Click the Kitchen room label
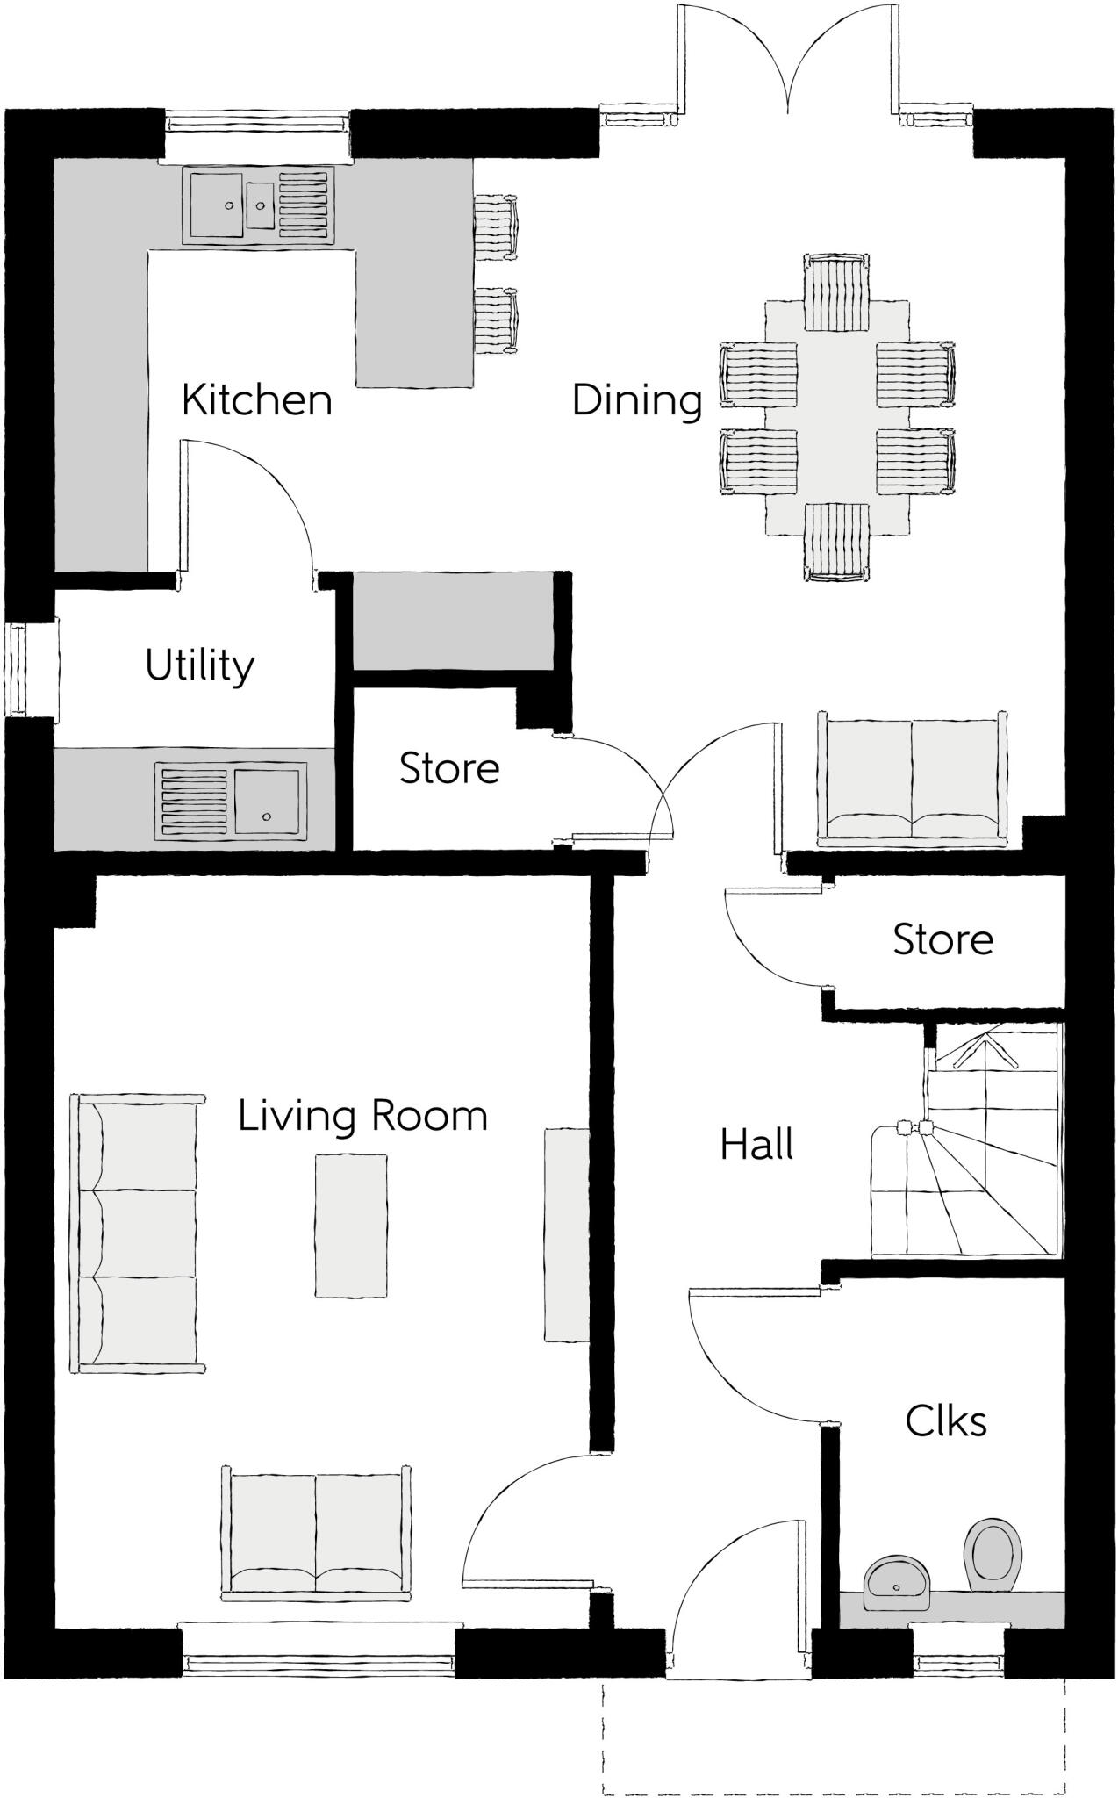point(256,399)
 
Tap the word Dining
point(637,400)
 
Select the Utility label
point(200,665)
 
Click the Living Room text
point(362,1116)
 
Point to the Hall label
point(756,1145)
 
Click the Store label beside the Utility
point(449,768)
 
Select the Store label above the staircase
point(942,940)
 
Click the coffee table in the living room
point(351,1226)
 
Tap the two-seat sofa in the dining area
point(912,778)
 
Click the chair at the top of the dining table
point(836,292)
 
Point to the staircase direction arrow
point(986,1050)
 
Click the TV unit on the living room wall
point(566,1234)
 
